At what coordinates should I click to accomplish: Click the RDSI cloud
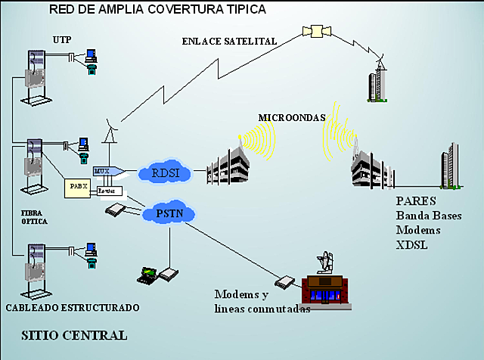tap(164, 173)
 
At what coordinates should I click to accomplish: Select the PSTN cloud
tap(168, 214)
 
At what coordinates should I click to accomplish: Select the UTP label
tap(62, 39)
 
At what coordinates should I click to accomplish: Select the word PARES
tap(415, 203)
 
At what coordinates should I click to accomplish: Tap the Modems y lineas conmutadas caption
tap(262, 301)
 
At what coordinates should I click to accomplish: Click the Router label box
tap(108, 192)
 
